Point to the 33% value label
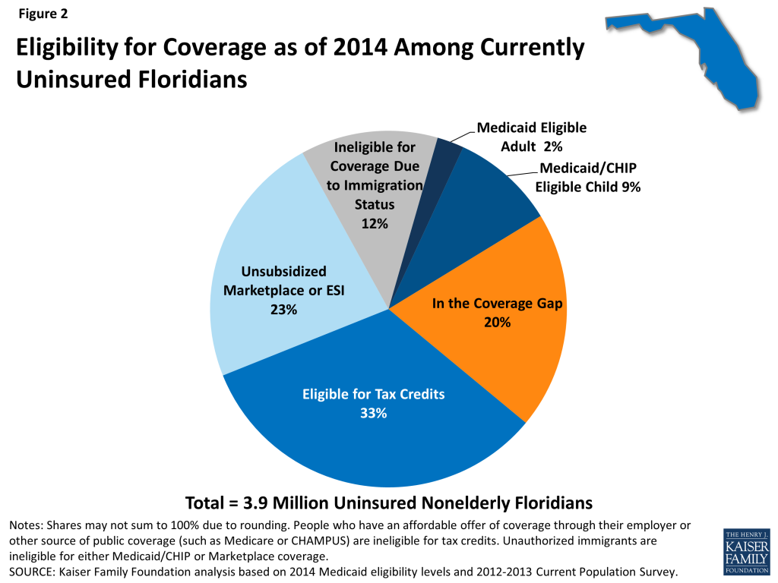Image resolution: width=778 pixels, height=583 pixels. point(373,414)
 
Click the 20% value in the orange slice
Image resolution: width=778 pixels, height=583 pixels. point(498,322)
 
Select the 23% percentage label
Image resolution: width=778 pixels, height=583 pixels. point(283,310)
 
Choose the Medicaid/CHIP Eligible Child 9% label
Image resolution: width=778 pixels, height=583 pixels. point(590,178)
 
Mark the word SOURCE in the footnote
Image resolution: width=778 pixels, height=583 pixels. point(31,571)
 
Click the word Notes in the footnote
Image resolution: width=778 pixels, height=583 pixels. point(25,526)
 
